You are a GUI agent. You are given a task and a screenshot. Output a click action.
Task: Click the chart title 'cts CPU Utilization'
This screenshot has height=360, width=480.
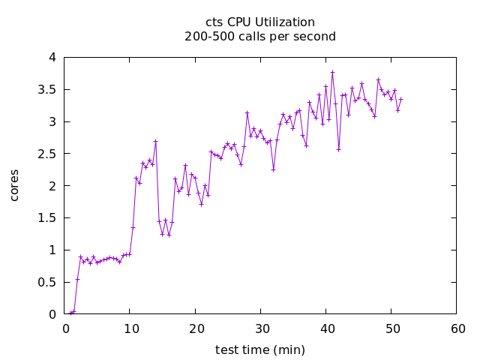click(x=260, y=22)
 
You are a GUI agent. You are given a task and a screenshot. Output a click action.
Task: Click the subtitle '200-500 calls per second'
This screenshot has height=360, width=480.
click(x=260, y=36)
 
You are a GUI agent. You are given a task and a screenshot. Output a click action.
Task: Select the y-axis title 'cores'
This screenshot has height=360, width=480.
click(x=14, y=185)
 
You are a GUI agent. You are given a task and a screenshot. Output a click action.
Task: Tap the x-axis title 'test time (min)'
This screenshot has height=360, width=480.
click(x=260, y=349)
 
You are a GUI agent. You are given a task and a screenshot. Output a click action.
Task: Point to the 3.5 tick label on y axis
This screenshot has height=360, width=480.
click(x=46, y=89)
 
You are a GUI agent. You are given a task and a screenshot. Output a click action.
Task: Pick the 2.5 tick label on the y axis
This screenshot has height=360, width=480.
click(x=46, y=154)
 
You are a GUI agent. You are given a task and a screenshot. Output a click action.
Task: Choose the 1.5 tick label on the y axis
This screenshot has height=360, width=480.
click(x=46, y=217)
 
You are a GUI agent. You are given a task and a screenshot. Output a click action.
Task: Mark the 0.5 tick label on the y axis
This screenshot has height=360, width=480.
click(x=46, y=282)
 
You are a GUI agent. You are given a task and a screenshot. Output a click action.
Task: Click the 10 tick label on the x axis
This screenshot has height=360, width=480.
click(x=130, y=328)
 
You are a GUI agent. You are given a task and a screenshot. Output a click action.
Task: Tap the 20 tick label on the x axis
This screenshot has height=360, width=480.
click(x=195, y=328)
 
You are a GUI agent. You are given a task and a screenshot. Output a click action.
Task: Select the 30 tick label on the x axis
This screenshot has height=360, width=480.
click(x=260, y=328)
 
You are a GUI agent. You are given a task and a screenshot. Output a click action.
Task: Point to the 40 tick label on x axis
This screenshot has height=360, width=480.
click(x=326, y=328)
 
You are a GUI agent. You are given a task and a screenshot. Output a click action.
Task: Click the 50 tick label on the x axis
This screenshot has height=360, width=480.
click(x=391, y=328)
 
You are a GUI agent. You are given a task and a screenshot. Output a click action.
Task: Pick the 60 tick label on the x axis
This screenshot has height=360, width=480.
click(x=457, y=328)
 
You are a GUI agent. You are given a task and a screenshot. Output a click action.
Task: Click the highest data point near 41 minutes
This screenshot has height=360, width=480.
click(x=332, y=72)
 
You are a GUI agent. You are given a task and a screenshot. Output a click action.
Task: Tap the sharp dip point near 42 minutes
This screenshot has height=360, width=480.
click(x=338, y=149)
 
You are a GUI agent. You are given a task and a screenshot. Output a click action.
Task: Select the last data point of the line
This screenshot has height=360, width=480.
click(x=400, y=99)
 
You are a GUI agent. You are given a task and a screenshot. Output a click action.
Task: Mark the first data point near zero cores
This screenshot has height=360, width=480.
click(x=70, y=313)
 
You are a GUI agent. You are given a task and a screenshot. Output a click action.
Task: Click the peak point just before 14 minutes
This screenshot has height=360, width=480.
click(x=155, y=141)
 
